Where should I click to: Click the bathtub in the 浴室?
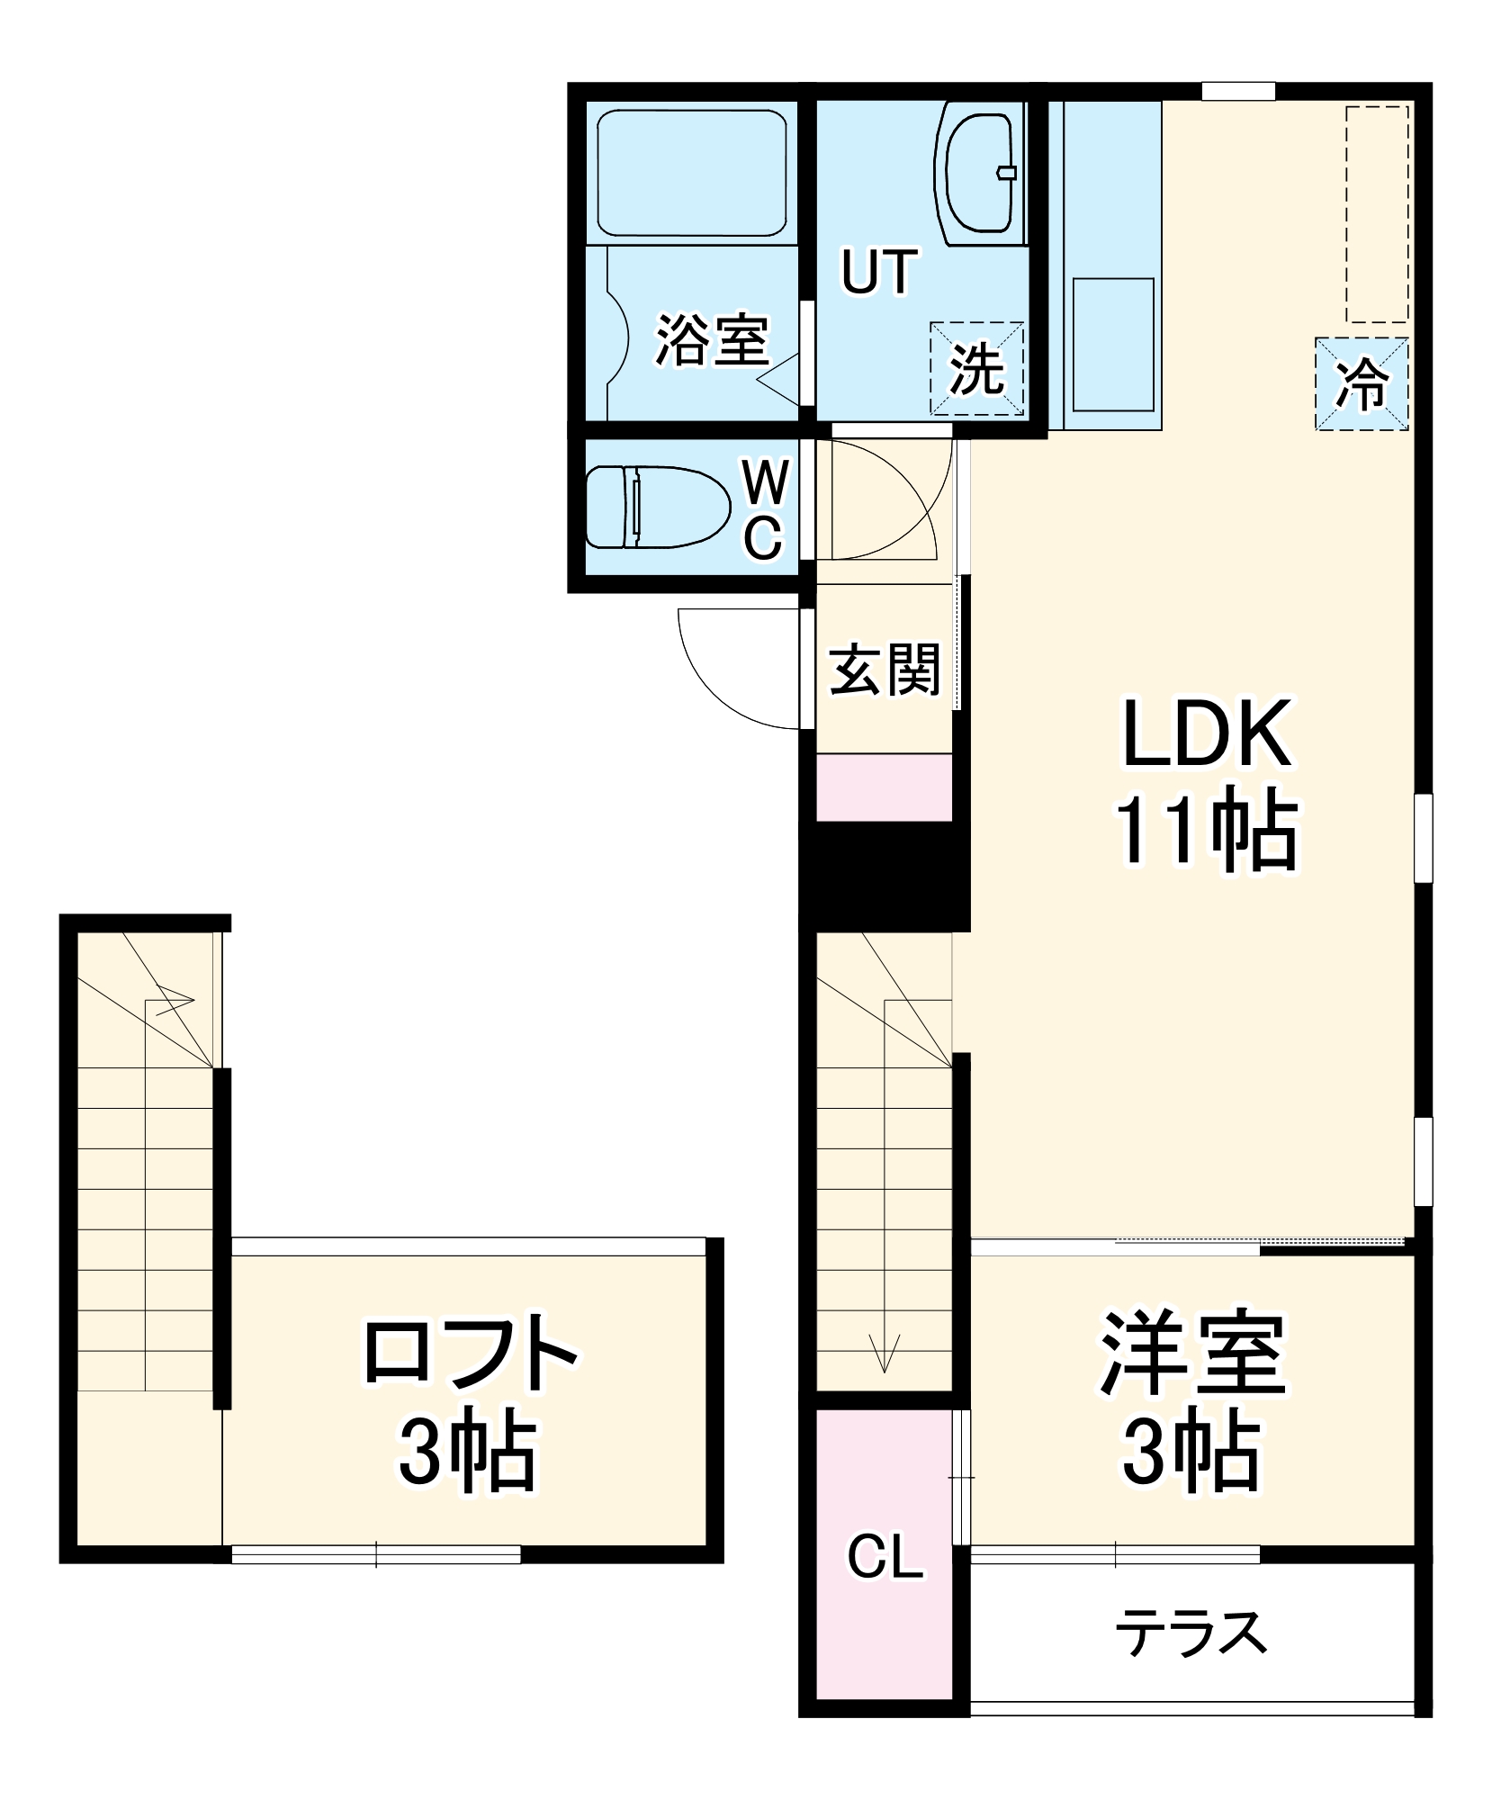pyautogui.click(x=691, y=173)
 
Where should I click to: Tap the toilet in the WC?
pyautogui.click(x=657, y=507)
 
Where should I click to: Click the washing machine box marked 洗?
pyautogui.click(x=977, y=368)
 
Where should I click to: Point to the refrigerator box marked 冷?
pyautogui.click(x=1362, y=383)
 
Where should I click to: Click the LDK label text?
pyautogui.click(x=1207, y=733)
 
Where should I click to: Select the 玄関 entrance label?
pyautogui.click(x=885, y=669)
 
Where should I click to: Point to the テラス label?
pyautogui.click(x=1191, y=1633)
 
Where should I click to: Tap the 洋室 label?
pyautogui.click(x=1192, y=1353)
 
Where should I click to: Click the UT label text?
pyautogui.click(x=879, y=272)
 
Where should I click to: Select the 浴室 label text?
pyautogui.click(x=711, y=340)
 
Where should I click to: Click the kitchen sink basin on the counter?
pyautogui.click(x=1113, y=344)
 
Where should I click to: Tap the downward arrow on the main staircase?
pyautogui.click(x=885, y=1350)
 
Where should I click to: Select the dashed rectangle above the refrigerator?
pyautogui.click(x=1377, y=213)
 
